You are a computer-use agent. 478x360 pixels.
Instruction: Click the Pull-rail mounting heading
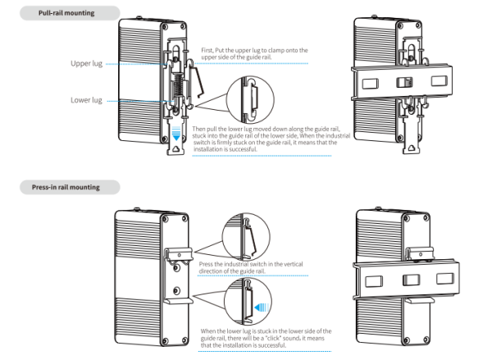66,13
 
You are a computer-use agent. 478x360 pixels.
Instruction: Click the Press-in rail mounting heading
66,187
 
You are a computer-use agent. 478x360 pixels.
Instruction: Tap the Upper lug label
87,63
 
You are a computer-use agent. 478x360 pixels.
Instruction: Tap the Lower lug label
87,100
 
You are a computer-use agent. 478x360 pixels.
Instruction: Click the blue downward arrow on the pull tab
176,133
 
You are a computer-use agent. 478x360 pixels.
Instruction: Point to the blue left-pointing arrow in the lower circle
262,307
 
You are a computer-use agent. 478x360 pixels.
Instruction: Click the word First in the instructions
207,50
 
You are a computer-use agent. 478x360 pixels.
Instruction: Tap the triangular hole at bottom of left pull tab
176,149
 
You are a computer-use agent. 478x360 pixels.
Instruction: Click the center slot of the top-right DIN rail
404,82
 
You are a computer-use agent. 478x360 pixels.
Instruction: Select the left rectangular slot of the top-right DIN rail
370,84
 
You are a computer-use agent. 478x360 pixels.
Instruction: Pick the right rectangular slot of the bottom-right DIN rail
445,278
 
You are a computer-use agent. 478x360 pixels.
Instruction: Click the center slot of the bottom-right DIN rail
411,280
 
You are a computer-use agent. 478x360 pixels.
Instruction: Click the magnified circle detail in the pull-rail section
251,100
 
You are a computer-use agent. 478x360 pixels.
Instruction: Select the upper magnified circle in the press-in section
246,237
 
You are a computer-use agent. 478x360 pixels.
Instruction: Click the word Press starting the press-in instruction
206,264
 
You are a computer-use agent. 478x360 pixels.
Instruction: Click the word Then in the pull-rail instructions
198,129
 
